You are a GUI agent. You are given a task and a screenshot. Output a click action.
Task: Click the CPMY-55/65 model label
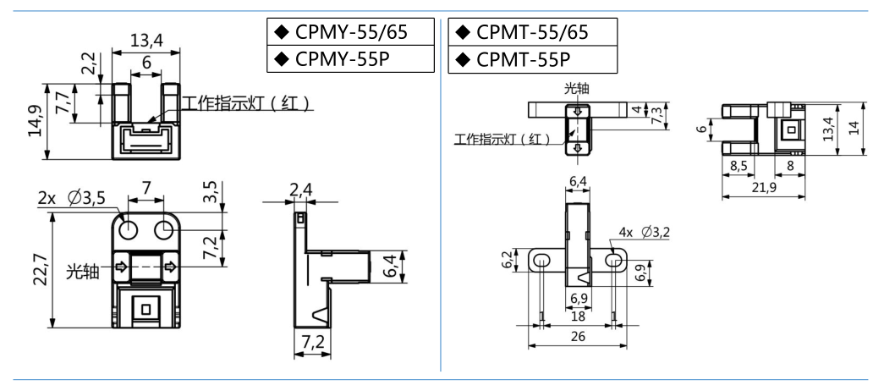coord(351,32)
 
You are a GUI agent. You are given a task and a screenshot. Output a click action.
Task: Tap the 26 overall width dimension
coord(579,336)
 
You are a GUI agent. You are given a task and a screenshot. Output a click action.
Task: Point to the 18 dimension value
coord(578,315)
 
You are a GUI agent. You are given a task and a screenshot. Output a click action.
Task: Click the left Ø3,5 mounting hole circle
coord(131,229)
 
